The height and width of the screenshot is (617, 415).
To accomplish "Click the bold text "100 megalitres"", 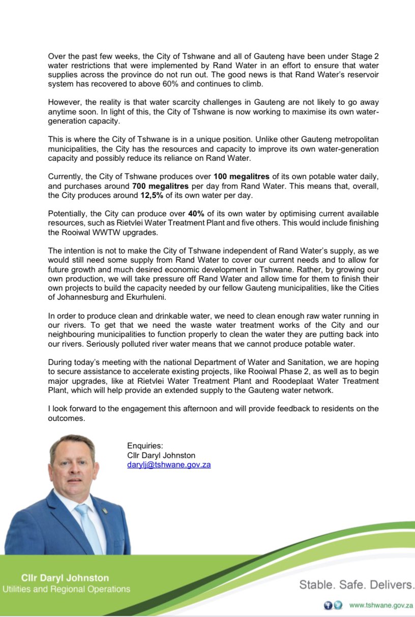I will [x=239, y=176].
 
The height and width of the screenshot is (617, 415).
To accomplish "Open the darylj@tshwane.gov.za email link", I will [x=169, y=465].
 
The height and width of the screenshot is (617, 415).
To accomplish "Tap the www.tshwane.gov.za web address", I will [x=381, y=605].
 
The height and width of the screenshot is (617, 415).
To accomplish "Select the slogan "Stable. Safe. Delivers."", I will [x=357, y=584].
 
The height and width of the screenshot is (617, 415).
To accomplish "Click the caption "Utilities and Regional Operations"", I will [x=66, y=589].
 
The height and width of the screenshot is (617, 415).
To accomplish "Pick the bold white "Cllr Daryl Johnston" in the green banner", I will [x=65, y=578].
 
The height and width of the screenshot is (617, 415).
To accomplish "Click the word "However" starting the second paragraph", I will [x=64, y=101].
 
